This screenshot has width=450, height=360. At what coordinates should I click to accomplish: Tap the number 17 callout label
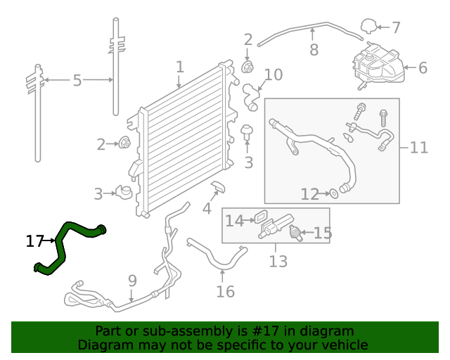coord(34,242)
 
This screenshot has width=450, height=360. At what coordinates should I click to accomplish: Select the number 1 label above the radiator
coord(180,67)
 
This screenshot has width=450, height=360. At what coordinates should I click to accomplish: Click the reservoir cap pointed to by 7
coord(368,27)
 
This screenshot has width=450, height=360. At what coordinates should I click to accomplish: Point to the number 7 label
coord(396,28)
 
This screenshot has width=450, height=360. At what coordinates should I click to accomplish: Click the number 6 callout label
coord(423,68)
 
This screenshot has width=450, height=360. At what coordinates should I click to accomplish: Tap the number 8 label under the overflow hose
coord(314,51)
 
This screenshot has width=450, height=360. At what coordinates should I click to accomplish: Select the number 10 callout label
coord(273,75)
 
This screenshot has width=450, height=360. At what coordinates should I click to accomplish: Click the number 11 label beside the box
coord(418,148)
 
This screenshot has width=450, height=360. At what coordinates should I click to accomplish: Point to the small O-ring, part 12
coord(334,192)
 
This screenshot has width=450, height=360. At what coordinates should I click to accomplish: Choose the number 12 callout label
coord(309,194)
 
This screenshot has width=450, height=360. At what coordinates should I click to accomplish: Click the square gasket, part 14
coord(257,221)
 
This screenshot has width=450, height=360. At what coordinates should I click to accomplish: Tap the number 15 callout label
coord(322,233)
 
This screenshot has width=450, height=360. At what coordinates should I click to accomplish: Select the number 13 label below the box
coord(278,262)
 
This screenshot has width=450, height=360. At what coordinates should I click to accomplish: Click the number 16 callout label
coord(225,291)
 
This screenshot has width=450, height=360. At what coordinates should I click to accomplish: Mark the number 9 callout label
coord(132,282)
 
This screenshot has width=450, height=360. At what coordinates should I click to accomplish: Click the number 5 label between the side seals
coord(77,81)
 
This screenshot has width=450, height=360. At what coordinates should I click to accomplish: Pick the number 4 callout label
coord(207,209)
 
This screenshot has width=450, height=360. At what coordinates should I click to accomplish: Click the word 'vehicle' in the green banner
coord(341,345)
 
